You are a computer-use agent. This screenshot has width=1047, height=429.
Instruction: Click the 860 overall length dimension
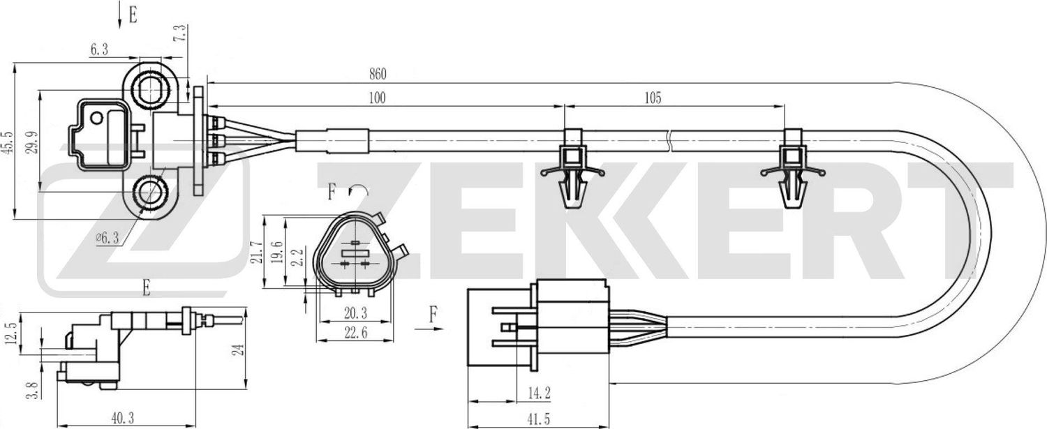click(x=376, y=73)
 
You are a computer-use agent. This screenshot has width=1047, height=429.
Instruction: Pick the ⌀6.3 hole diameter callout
click(x=108, y=238)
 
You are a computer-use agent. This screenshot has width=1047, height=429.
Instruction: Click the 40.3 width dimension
click(x=122, y=418)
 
